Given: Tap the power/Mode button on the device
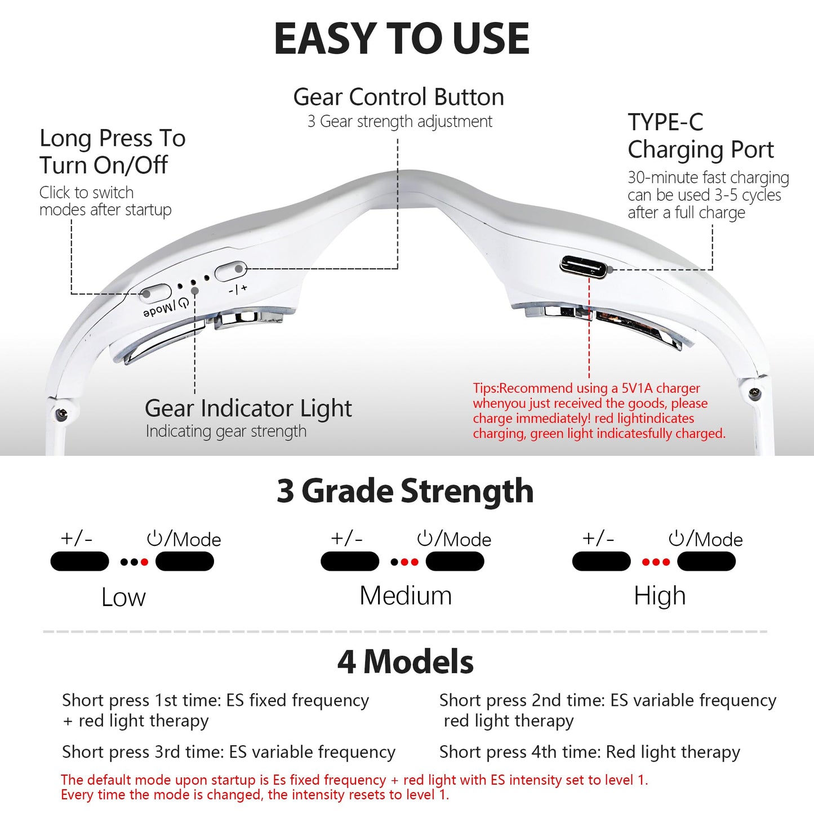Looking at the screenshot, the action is pos(155,293).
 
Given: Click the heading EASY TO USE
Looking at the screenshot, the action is pos(402,39).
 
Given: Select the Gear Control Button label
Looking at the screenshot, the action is pos(399,97).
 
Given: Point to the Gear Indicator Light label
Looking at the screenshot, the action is pos(248,408).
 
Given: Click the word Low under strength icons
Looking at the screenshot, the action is pos(123,597).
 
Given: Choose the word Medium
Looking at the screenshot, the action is pos(406,595).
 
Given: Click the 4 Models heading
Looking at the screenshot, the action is pos(406,661).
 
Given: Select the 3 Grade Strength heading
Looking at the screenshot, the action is pos(405,491).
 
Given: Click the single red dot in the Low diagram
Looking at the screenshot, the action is pos(144,562).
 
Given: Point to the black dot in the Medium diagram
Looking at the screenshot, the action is pos(394,562).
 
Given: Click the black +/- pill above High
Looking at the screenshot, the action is pos(601,562).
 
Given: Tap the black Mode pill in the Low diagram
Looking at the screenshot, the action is pos(185,562).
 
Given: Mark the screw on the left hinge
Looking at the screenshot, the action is pos(62,412).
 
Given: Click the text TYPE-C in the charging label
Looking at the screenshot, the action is pos(665,122).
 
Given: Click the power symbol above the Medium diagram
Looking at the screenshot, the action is pos(425,539).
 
